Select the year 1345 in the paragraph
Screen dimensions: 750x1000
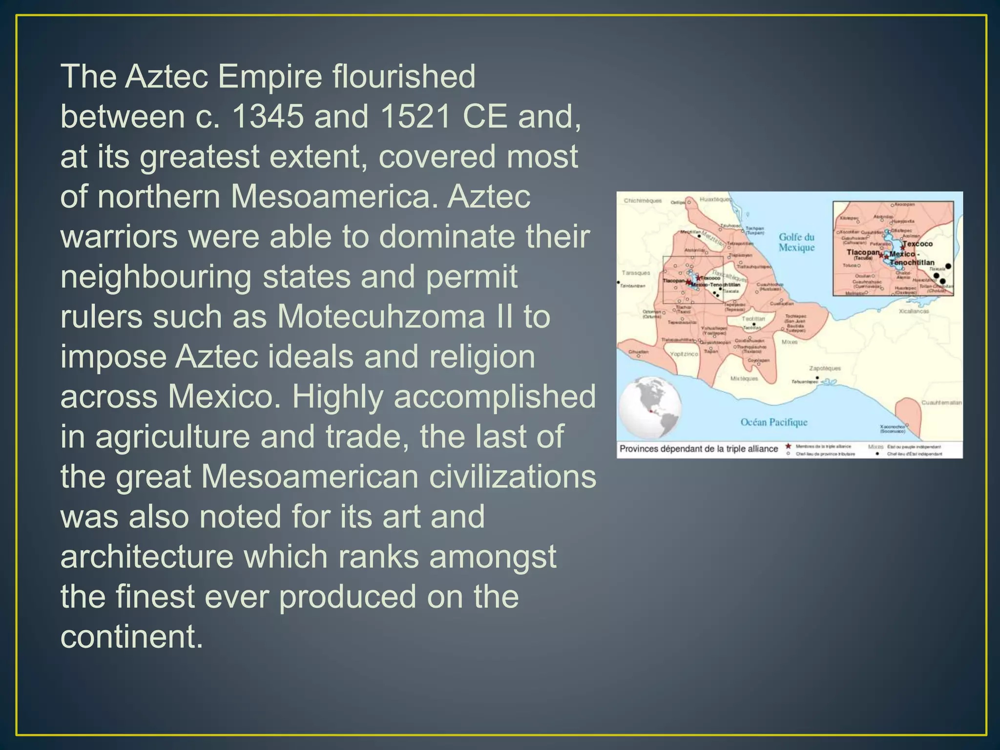pyautogui.click(x=268, y=117)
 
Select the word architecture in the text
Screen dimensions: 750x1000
pyautogui.click(x=147, y=557)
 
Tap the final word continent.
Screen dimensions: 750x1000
pyautogui.click(x=131, y=637)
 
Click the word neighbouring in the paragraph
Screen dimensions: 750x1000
pyautogui.click(x=156, y=277)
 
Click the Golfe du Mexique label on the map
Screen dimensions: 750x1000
pyautogui.click(x=796, y=242)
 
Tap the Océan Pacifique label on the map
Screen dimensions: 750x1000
pyautogui.click(x=774, y=422)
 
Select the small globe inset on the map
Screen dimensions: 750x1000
pyautogui.click(x=650, y=408)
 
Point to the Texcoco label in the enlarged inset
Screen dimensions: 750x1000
pyautogui.click(x=917, y=244)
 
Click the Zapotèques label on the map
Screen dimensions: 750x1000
pyautogui.click(x=825, y=368)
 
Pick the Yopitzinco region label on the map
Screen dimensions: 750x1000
pyautogui.click(x=684, y=354)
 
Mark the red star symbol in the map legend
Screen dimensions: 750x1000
pyautogui.click(x=788, y=446)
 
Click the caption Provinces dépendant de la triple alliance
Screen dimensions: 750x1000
pyautogui.click(x=699, y=449)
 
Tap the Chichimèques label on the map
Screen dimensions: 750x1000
pyautogui.click(x=643, y=201)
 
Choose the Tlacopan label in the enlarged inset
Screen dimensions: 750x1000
pyautogui.click(x=863, y=252)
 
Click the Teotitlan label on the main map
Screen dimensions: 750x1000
pyautogui.click(x=753, y=319)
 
